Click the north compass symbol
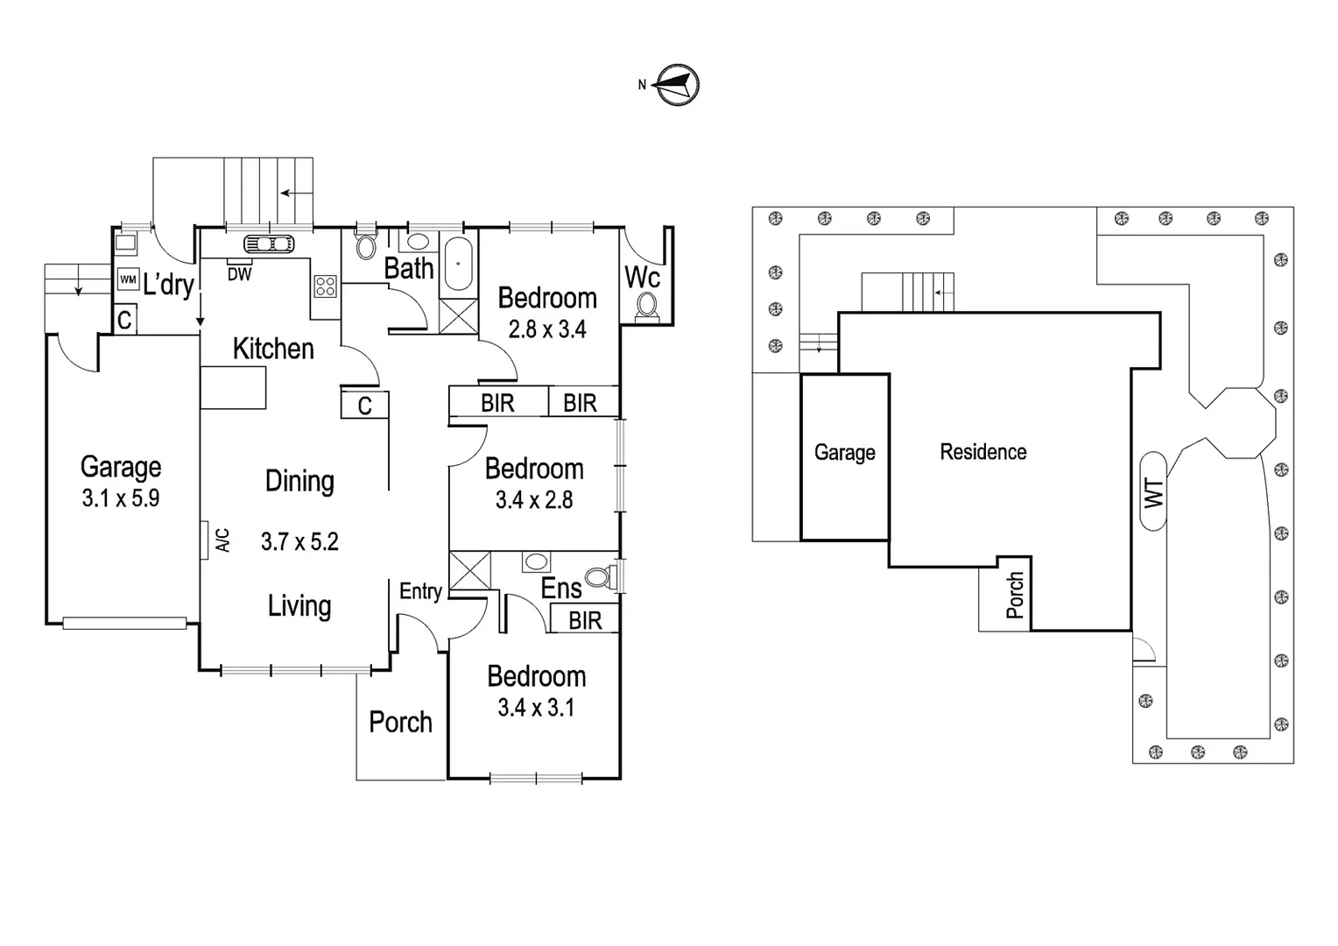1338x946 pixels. tap(678, 85)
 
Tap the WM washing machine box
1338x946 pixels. tap(128, 279)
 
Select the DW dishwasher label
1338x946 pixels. tap(239, 275)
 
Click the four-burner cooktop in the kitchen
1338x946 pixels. tap(325, 286)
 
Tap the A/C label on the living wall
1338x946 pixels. tap(222, 540)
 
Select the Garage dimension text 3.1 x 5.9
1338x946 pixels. tap(121, 498)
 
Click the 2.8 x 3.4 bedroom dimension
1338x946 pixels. tap(547, 329)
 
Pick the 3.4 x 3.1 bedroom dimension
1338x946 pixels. tap(536, 708)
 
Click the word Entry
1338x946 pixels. tap(420, 591)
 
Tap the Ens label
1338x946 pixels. tap(560, 589)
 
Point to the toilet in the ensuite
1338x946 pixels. tap(600, 576)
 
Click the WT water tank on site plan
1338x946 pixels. tap(1153, 491)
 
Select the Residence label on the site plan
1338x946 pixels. tap(982, 452)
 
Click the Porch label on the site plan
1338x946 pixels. tap(1015, 595)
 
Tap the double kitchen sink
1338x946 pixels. tap(269, 244)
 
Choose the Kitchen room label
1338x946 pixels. tap(273, 349)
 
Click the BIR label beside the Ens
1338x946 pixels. tap(585, 620)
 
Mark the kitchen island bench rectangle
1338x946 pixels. tap(233, 388)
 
